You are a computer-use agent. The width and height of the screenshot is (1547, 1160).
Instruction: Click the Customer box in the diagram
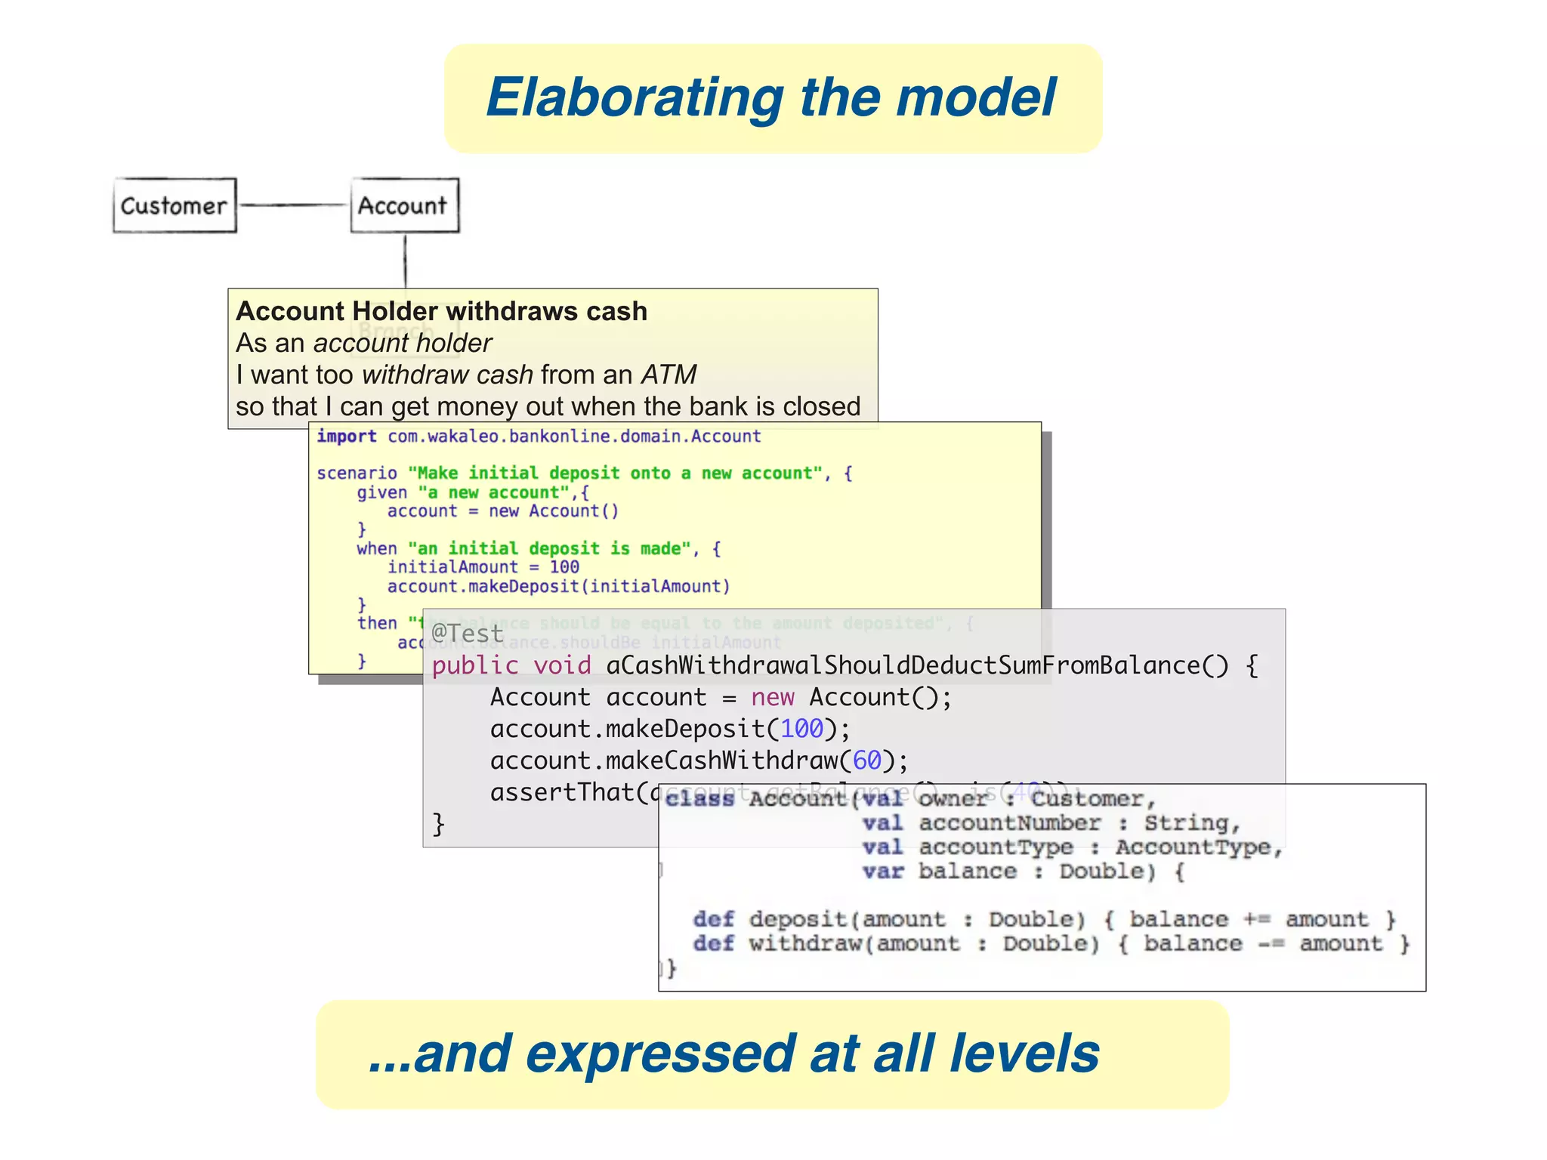click(x=174, y=205)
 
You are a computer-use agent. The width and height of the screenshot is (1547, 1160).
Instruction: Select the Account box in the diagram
click(x=404, y=205)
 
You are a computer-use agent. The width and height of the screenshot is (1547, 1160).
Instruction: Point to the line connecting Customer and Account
click(x=293, y=205)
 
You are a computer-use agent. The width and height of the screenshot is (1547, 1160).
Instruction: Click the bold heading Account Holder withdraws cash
click(x=442, y=311)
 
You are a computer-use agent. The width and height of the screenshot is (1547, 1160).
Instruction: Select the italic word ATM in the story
click(x=669, y=375)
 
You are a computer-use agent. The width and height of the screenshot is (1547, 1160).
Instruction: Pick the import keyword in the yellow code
click(x=346, y=437)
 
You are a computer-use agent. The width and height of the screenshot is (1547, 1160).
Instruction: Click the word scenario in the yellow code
click(x=357, y=474)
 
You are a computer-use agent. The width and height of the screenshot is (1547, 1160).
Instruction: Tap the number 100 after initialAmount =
click(x=564, y=567)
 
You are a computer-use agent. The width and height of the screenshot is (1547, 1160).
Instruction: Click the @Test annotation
click(x=467, y=633)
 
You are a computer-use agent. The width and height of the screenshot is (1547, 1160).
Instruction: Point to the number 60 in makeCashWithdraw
click(x=867, y=760)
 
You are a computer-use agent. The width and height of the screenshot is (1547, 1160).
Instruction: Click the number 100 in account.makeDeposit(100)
click(x=801, y=729)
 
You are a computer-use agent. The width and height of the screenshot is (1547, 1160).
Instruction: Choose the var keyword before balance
click(x=883, y=872)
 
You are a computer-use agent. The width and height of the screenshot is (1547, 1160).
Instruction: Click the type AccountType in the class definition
click(x=1193, y=847)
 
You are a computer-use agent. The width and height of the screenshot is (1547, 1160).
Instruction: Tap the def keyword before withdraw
click(x=713, y=944)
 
